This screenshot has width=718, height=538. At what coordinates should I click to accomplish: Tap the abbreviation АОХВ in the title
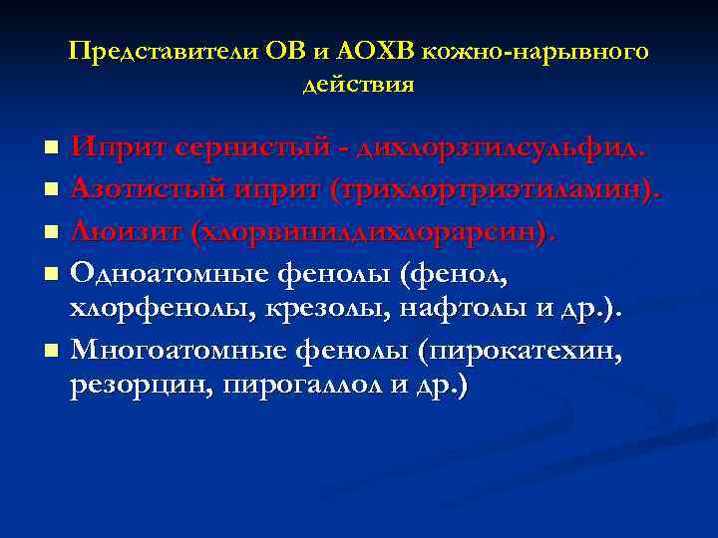pos(389,51)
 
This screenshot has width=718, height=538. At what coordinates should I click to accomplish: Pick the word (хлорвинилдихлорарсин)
pos(373,232)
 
